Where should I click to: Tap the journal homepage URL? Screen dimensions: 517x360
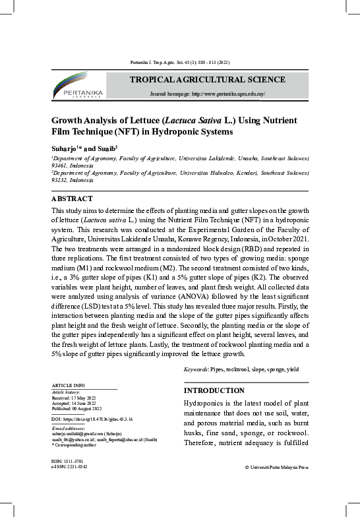coord(208,94)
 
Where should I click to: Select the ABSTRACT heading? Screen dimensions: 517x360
coord(72,198)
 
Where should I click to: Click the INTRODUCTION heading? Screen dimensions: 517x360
coord(214,390)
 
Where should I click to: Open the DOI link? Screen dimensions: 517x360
coord(92,419)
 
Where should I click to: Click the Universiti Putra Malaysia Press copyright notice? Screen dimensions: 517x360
coord(276,466)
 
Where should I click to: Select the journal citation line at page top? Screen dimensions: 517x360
coord(179,64)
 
